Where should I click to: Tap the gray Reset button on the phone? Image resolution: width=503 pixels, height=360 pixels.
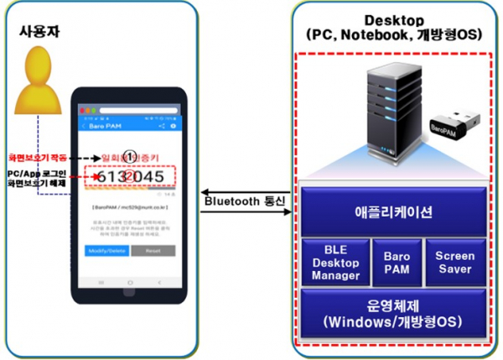point(153,249)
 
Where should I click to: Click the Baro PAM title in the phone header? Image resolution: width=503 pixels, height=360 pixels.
point(108,125)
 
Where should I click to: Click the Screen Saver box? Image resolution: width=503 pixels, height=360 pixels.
point(454,261)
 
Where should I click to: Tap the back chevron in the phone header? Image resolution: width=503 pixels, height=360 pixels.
point(84,125)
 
